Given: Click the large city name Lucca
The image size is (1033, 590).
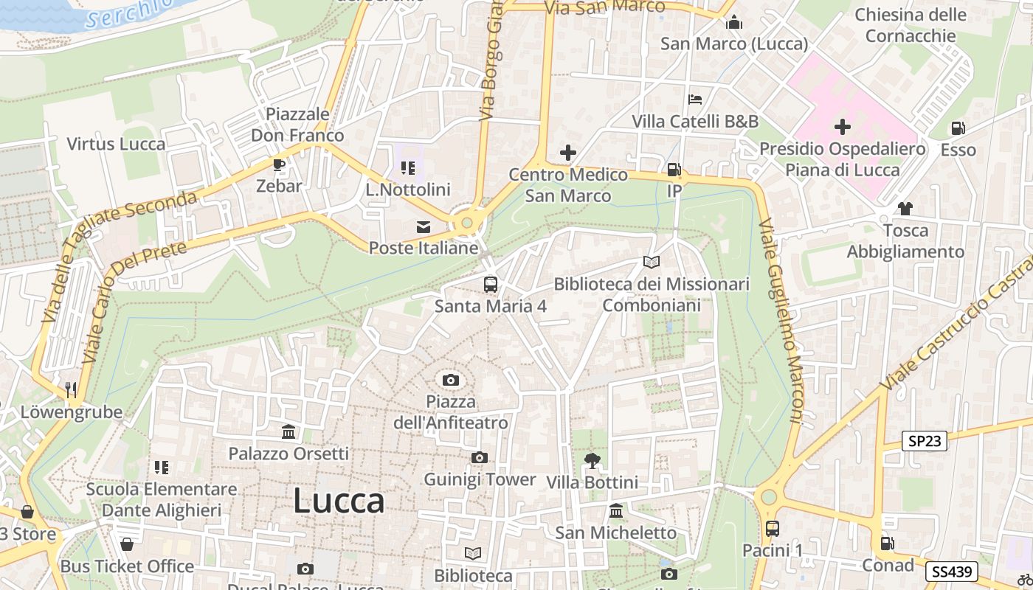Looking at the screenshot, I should (x=339, y=502).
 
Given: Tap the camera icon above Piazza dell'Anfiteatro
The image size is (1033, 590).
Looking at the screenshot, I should (x=451, y=381).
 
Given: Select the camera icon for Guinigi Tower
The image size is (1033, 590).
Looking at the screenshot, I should (x=480, y=458).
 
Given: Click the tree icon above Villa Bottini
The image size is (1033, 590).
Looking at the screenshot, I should (x=592, y=461).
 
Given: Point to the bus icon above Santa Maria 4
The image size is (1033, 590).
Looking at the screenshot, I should (x=491, y=284).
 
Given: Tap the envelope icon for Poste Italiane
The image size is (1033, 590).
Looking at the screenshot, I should (x=424, y=227).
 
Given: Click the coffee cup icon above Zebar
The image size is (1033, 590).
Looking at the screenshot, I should (x=279, y=164).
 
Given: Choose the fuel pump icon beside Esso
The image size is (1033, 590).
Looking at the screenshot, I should (x=958, y=128).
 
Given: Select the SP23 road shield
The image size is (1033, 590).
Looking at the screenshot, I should (x=925, y=441).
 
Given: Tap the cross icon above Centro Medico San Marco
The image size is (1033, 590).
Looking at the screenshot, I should (x=568, y=153).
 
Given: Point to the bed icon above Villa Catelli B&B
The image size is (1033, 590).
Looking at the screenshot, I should (x=694, y=100).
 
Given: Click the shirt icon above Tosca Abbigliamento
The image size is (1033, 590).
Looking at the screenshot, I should (x=905, y=209).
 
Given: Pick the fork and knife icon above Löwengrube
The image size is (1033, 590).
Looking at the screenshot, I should (x=71, y=389).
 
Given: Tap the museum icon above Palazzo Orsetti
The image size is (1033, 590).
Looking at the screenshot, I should (x=289, y=431).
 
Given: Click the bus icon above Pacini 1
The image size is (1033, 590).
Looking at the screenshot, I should (x=773, y=529).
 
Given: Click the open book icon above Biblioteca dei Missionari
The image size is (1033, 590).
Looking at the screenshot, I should (x=651, y=262).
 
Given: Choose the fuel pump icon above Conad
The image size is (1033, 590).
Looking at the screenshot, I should (x=888, y=544).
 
